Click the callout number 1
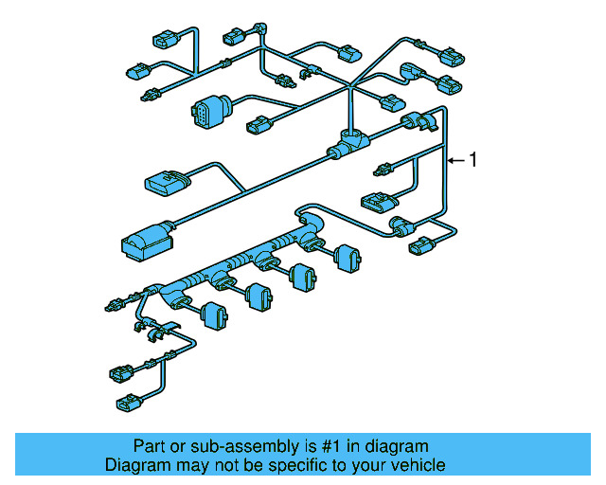coord(473,160)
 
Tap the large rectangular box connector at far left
coord(144,240)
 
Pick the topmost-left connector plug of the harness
coord(163,41)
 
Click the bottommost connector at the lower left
coord(127,404)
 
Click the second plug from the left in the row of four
coord(258,295)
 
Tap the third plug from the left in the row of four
coord(302,276)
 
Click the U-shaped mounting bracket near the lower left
coord(156,331)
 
